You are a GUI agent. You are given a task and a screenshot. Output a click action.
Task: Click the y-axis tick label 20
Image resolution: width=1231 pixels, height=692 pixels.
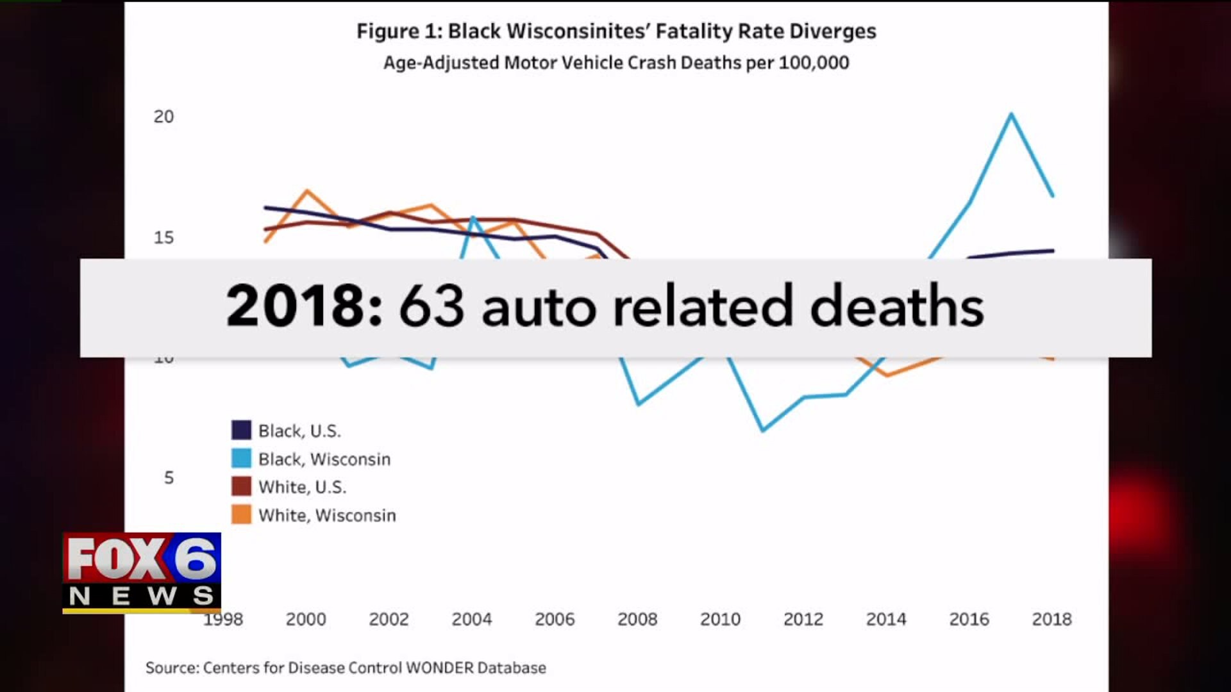click(163, 117)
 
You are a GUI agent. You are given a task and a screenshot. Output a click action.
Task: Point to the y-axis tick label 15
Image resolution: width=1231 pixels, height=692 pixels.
click(163, 238)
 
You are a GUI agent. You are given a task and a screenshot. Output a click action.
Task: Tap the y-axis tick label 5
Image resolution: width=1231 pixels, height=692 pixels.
click(169, 477)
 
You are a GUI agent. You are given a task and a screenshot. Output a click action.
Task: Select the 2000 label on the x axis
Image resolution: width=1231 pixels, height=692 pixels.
click(306, 619)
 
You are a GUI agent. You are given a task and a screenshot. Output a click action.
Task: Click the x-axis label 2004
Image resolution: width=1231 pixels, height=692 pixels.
click(471, 619)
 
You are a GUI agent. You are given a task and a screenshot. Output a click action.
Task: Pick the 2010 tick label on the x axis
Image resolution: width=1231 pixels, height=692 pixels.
click(720, 619)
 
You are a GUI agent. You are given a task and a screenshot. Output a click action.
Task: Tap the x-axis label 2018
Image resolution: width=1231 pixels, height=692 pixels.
click(1051, 619)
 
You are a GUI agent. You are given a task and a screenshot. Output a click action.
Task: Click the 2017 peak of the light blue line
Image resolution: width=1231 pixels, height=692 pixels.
click(1011, 115)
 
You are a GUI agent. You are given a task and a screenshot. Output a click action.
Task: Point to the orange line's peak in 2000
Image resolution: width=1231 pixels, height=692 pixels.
click(307, 191)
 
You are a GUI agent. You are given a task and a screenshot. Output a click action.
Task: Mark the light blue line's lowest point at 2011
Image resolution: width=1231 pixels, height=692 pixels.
click(763, 430)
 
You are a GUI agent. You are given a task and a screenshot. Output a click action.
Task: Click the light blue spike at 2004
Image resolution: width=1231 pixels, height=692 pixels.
click(473, 218)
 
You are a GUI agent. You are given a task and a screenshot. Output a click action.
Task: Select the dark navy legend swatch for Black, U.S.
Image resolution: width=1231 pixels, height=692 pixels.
click(241, 430)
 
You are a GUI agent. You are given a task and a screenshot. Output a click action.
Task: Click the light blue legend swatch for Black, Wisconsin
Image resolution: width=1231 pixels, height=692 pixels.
click(241, 458)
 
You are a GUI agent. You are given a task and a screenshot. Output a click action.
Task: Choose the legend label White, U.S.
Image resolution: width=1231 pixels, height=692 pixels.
click(302, 487)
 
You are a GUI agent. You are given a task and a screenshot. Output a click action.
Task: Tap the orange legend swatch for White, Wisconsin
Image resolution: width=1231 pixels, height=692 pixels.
click(241, 515)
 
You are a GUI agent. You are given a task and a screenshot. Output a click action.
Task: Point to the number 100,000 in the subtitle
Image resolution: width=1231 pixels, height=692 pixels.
click(814, 63)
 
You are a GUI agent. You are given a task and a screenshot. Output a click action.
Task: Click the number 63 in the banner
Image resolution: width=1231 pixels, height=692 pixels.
click(431, 306)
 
